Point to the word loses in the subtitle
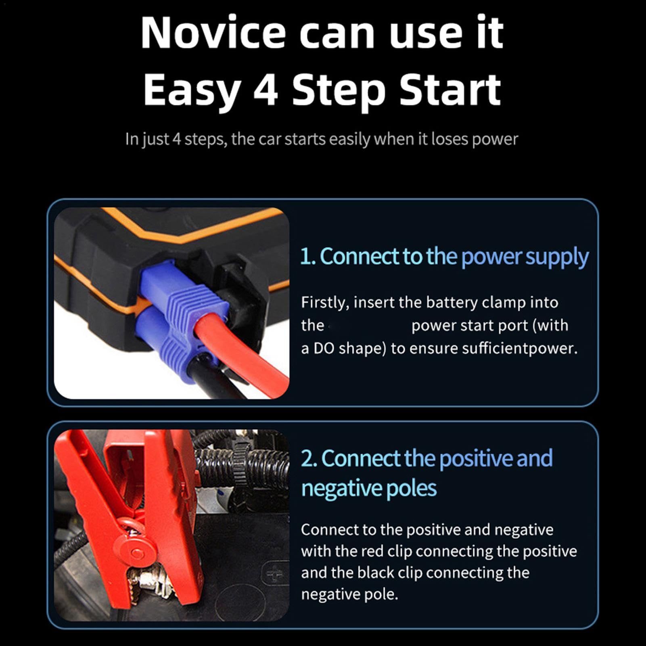(450, 139)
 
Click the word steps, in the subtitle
(206, 140)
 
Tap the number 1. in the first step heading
(308, 257)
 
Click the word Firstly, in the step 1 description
(325, 303)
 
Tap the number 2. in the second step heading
(309, 459)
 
